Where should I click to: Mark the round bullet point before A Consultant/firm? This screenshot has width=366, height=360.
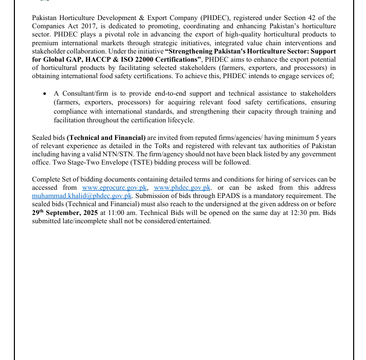(x=45, y=94)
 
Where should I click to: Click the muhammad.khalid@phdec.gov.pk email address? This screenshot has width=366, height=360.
(x=82, y=196)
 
